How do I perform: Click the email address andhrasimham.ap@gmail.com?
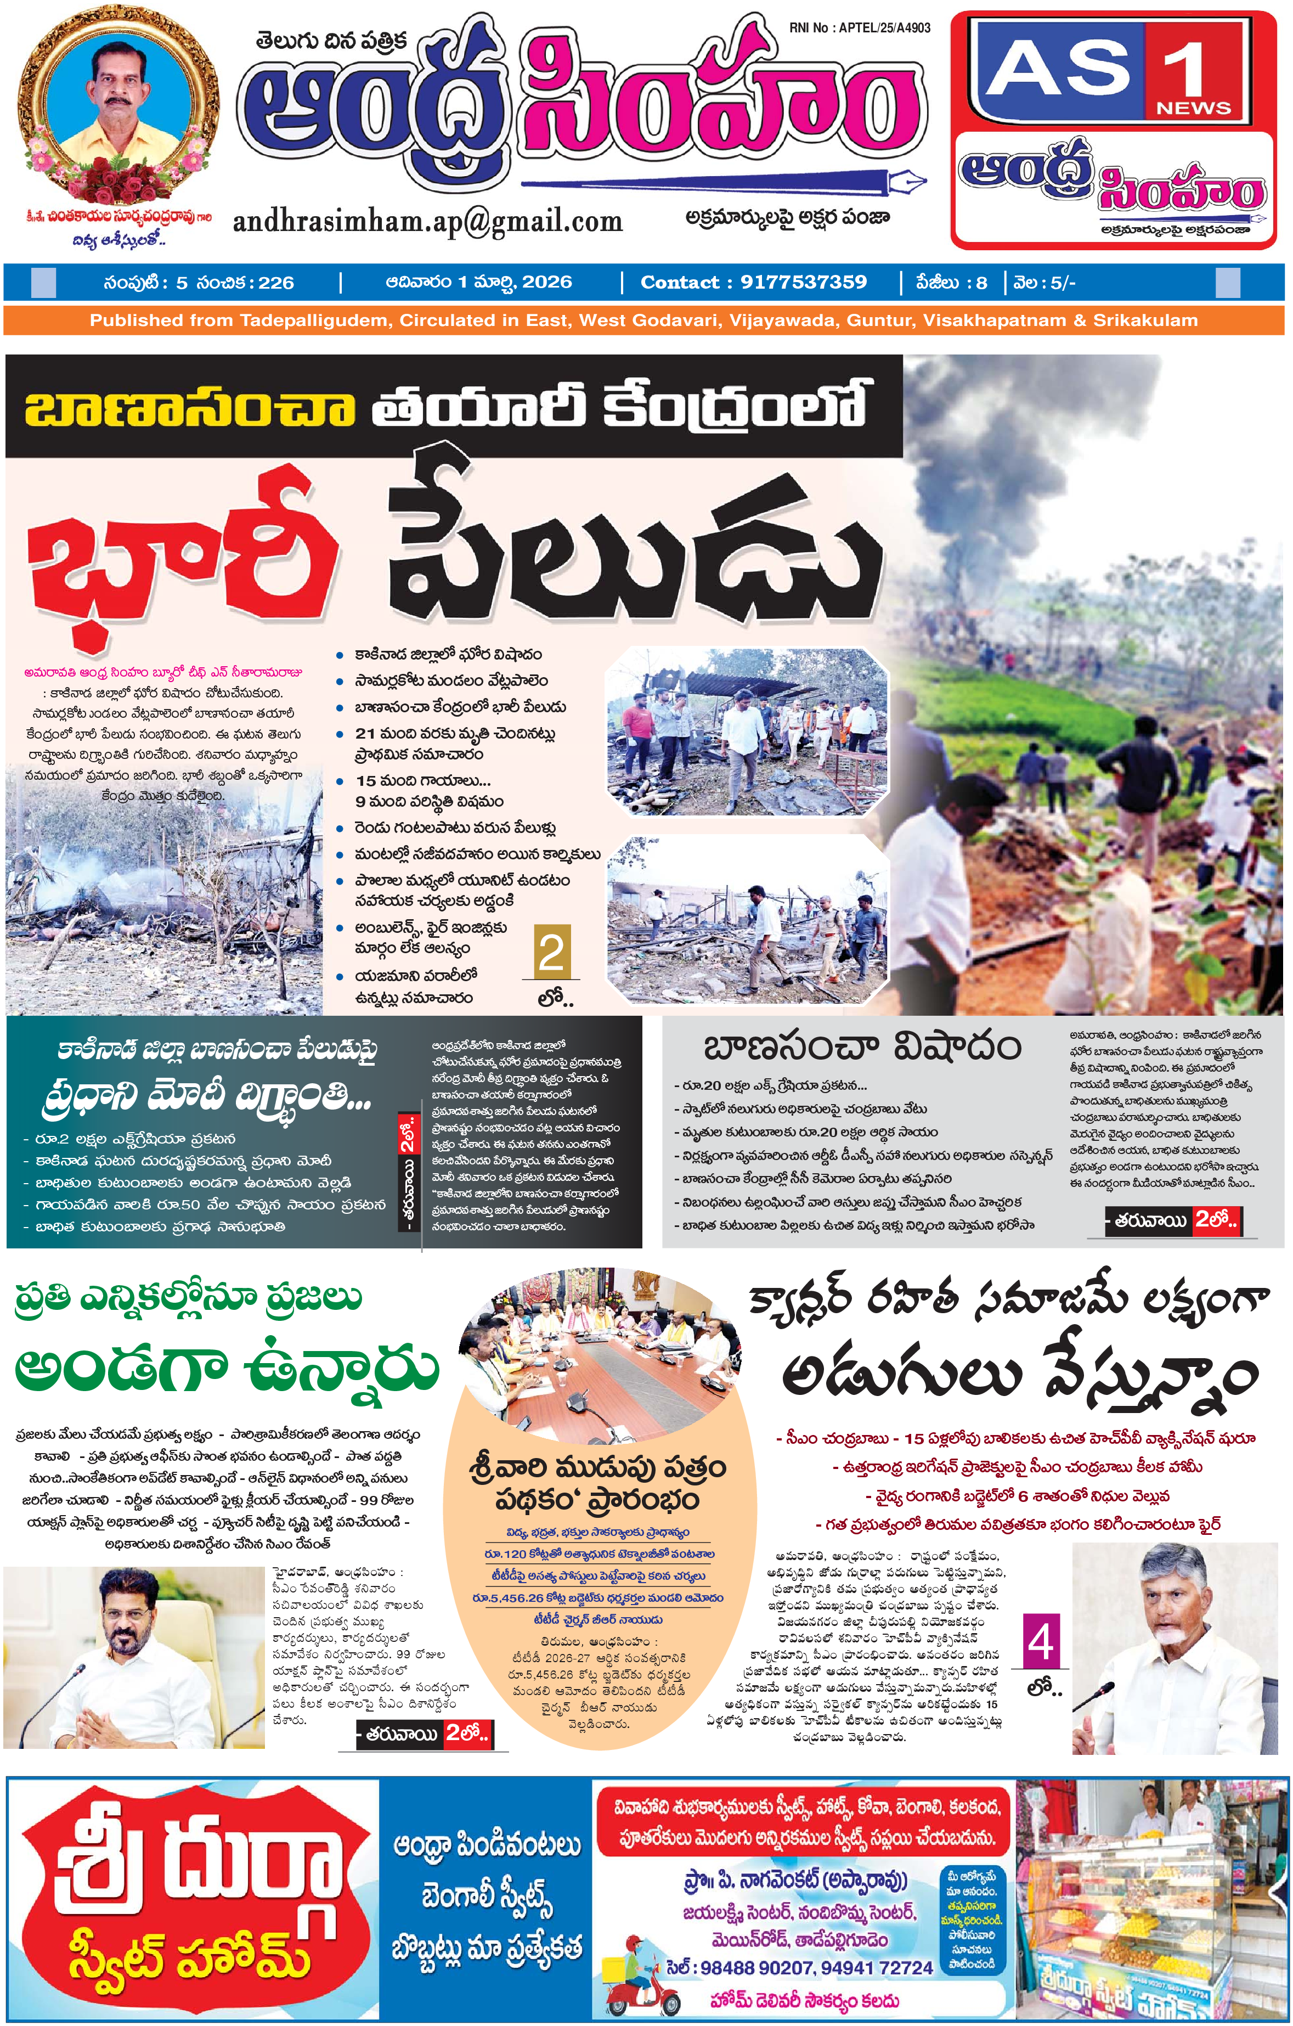(427, 221)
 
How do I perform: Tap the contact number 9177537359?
(803, 282)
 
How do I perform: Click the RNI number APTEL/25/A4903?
(860, 28)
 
